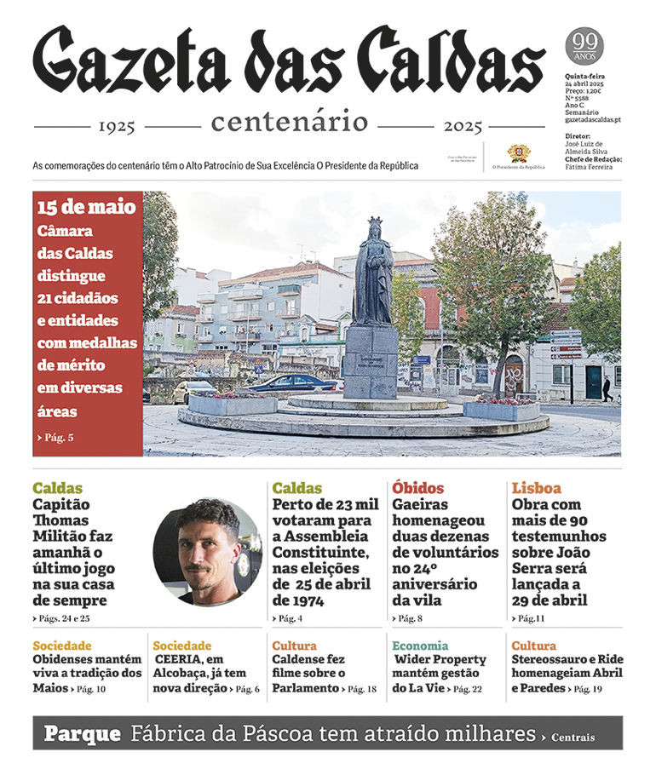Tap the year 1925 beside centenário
(x=117, y=127)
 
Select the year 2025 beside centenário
(x=463, y=127)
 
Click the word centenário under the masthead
(x=290, y=123)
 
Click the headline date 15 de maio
(x=86, y=207)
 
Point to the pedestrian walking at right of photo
(x=607, y=388)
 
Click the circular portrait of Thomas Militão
(x=207, y=552)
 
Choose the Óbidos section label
(x=418, y=488)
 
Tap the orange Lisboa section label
(x=537, y=488)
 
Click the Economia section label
(x=420, y=646)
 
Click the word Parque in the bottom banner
(x=82, y=734)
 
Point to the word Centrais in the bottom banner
(x=573, y=738)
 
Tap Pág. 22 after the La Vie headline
(x=467, y=689)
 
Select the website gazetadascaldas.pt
(x=593, y=120)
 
